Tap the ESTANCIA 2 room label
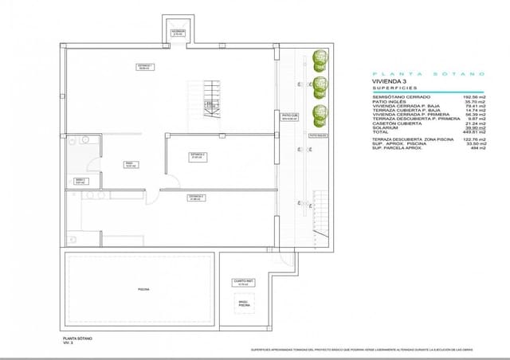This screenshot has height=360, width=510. click(198, 156)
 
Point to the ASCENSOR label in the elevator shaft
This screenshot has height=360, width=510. click(177, 33)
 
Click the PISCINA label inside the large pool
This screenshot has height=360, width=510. click(143, 289)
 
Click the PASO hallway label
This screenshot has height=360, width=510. click(129, 165)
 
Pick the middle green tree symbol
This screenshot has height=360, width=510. click(320, 85)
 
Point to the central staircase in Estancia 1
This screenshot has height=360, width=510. click(211, 100)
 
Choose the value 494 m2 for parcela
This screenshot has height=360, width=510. click(478, 148)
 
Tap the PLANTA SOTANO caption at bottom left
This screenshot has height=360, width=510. click(77, 338)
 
